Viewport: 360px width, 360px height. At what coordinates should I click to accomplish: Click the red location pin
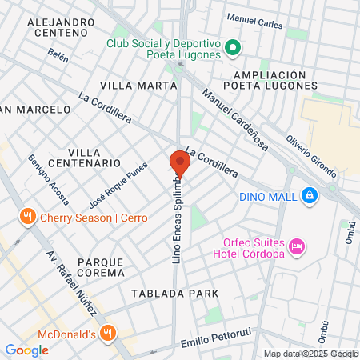pyautogui.click(x=179, y=163)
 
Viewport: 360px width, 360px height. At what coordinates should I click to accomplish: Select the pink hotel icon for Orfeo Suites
pyautogui.click(x=297, y=246)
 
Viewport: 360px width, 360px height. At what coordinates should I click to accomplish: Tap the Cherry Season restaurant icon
pyautogui.click(x=28, y=217)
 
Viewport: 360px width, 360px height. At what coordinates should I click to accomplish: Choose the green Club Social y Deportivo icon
pyautogui.click(x=233, y=48)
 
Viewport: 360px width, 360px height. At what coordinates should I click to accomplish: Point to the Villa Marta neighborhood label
pyautogui.click(x=138, y=85)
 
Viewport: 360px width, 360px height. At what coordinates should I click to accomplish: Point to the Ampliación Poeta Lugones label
pyautogui.click(x=271, y=79)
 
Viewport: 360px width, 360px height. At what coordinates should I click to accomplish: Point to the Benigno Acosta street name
pyautogui.click(x=47, y=179)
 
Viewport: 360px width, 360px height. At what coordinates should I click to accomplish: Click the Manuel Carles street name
pyautogui.click(x=254, y=24)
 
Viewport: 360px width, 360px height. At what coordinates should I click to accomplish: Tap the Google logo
pyautogui.click(x=26, y=349)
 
